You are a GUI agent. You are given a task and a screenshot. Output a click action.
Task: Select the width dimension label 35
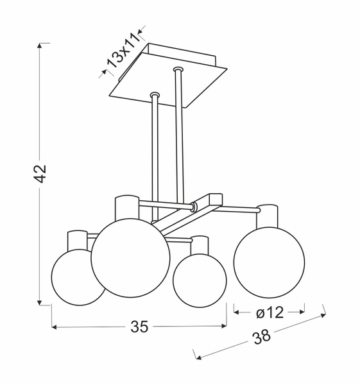139,327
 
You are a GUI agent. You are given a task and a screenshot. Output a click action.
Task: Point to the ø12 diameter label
269,312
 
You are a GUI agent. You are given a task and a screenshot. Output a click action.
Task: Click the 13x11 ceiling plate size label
122,52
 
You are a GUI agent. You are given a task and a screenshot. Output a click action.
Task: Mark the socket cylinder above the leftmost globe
77,239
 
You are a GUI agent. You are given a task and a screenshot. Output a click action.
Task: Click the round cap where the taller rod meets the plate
177,67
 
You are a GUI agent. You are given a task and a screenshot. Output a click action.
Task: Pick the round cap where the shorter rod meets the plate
154,95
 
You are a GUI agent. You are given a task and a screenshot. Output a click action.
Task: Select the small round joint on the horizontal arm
194,207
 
